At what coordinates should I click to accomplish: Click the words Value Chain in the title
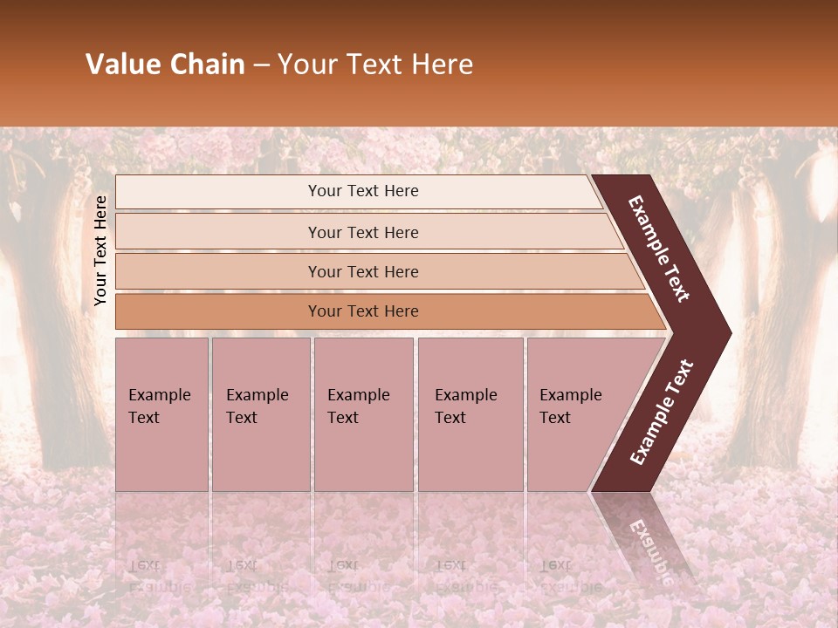click(x=165, y=65)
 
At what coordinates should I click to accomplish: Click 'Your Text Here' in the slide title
click(x=375, y=65)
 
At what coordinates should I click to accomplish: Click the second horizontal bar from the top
click(x=363, y=232)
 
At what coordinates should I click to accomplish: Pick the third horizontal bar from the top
click(x=363, y=271)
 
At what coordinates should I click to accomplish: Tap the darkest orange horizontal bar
click(x=363, y=311)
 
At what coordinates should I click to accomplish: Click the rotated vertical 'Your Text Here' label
click(x=100, y=250)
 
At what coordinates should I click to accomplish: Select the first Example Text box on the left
click(x=161, y=413)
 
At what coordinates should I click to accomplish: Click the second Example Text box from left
click(x=260, y=413)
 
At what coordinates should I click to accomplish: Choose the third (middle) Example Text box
click(x=363, y=413)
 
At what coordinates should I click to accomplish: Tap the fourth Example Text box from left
click(x=470, y=413)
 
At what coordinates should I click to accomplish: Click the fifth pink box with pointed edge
click(x=576, y=413)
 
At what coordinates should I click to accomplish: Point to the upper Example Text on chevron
click(x=659, y=249)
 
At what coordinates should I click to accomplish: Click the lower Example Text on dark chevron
click(x=662, y=412)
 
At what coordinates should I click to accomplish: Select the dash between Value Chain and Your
click(x=261, y=65)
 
